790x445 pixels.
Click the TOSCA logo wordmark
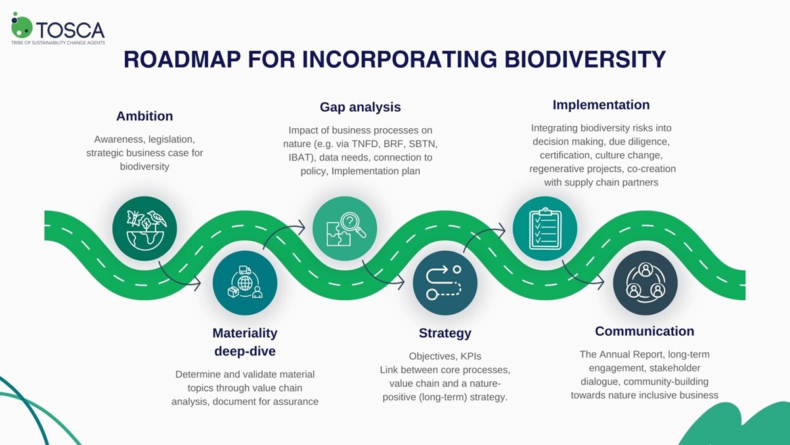click(x=70, y=30)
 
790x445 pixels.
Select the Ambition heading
click(x=144, y=116)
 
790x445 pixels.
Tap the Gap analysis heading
click(x=360, y=107)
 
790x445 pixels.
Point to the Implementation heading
click(x=601, y=105)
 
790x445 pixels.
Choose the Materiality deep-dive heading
click(x=245, y=342)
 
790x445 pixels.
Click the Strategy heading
click(x=445, y=333)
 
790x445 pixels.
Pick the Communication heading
click(x=644, y=331)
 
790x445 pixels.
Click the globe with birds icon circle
click(x=144, y=229)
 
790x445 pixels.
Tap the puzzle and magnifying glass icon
click(x=345, y=229)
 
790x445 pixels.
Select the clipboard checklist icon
click(x=544, y=229)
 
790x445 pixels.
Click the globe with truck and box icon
click(x=245, y=283)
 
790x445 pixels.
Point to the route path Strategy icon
click(x=445, y=283)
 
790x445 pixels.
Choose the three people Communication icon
click(x=645, y=283)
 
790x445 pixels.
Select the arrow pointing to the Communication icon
click(x=582, y=276)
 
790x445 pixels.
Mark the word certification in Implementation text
click(x=565, y=155)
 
